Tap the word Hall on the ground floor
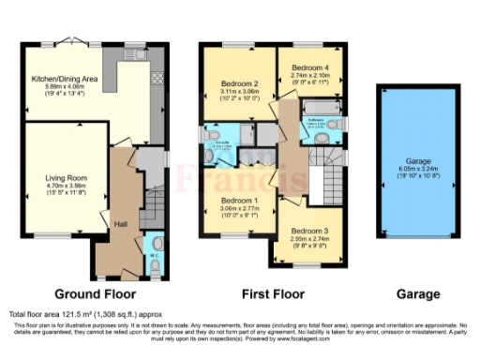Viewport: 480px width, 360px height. point(120,223)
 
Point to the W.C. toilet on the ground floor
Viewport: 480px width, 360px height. point(156,263)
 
